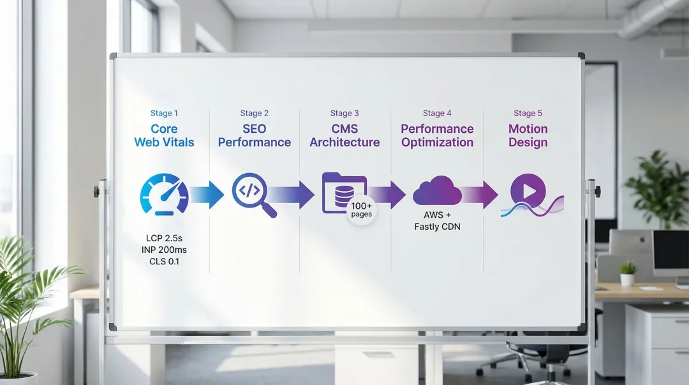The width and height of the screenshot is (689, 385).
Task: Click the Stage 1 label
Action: tap(164, 113)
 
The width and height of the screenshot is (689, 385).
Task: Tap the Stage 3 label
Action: tap(344, 113)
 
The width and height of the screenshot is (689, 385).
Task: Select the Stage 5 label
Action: tap(528, 113)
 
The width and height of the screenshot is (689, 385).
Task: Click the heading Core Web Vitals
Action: tap(164, 135)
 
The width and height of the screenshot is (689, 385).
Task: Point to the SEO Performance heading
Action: tap(254, 135)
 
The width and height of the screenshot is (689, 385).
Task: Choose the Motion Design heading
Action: tap(528, 135)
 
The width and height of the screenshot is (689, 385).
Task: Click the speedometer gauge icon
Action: tap(164, 193)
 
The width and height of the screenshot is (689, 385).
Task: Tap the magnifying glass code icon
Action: tap(253, 193)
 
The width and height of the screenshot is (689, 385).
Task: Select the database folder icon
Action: tap(343, 191)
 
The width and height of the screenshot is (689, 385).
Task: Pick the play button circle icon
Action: tap(528, 191)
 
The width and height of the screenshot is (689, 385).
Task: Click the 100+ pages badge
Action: tap(361, 210)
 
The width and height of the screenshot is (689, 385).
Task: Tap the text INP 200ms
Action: tap(164, 250)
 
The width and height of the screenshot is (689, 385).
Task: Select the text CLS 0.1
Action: tap(164, 262)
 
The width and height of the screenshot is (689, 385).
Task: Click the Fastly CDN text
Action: tap(437, 227)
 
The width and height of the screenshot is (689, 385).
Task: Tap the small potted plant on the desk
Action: tap(628, 273)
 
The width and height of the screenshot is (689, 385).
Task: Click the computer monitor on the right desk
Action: tap(670, 253)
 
